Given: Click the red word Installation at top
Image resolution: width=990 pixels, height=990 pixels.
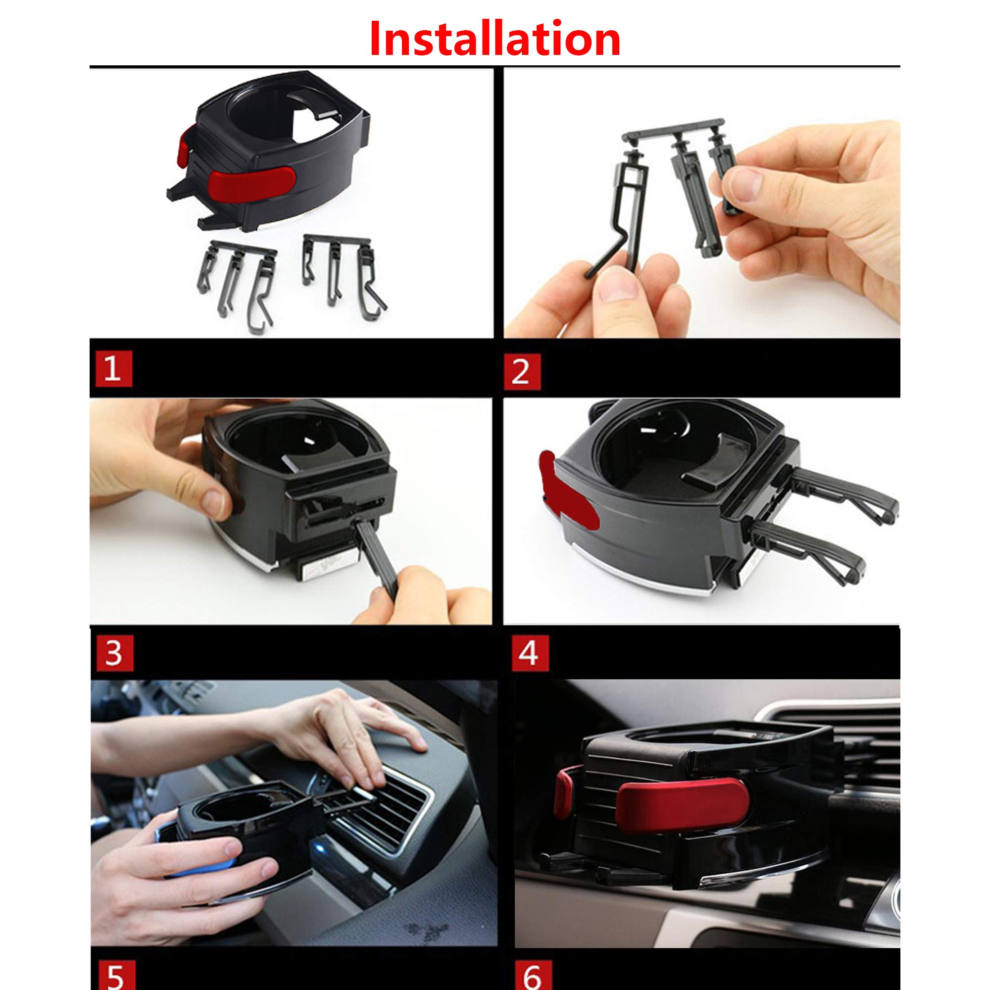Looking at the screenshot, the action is (495, 40).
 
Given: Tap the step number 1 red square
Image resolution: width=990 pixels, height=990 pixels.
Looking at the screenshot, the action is (113, 369).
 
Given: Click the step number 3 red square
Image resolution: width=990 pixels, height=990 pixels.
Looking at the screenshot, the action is (114, 653).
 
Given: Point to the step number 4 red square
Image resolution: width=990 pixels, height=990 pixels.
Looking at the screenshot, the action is (530, 653).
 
